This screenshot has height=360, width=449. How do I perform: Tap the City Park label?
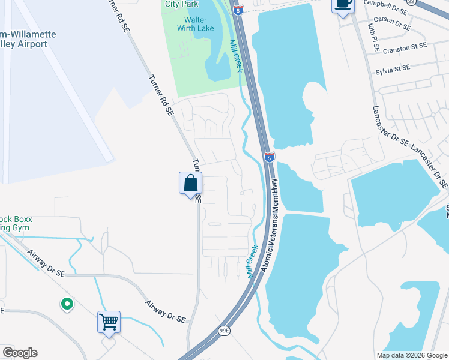pos(182,4)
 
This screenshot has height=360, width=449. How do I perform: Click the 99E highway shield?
pos(224,331)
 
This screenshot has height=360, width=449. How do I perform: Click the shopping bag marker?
pos(190,183)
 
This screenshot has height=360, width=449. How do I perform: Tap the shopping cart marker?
pos(109,322)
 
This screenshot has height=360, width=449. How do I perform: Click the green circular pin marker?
pos(67,305)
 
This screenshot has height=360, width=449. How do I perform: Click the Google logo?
pos(19,353)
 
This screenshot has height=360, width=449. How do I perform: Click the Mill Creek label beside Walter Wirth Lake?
pos(236,56)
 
